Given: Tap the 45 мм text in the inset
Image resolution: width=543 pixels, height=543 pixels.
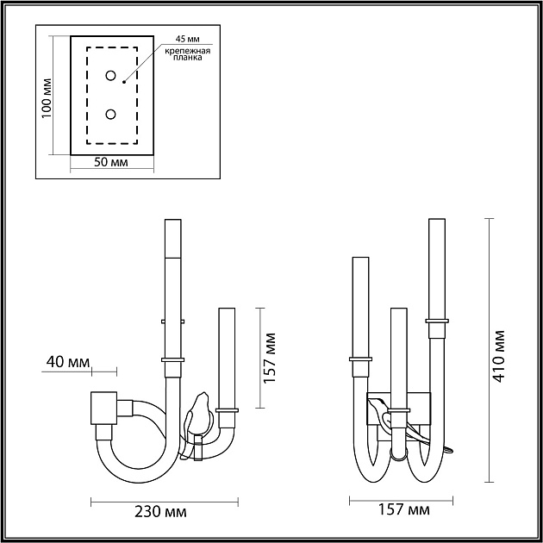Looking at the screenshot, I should pyautogui.click(x=186, y=39).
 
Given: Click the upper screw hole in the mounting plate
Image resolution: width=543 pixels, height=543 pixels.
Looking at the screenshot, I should pyautogui.click(x=111, y=76).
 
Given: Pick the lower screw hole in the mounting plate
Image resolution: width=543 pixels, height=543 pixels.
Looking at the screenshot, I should pyautogui.click(x=111, y=114).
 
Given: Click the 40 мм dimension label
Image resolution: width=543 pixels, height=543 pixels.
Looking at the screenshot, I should pyautogui.click(x=66, y=363).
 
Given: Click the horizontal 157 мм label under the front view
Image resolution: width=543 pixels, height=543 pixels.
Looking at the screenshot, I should pyautogui.click(x=406, y=512).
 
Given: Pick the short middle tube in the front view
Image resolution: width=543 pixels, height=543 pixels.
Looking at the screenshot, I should pyautogui.click(x=397, y=353).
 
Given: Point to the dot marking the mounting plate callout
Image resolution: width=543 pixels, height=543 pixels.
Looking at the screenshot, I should pyautogui.click(x=125, y=83).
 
